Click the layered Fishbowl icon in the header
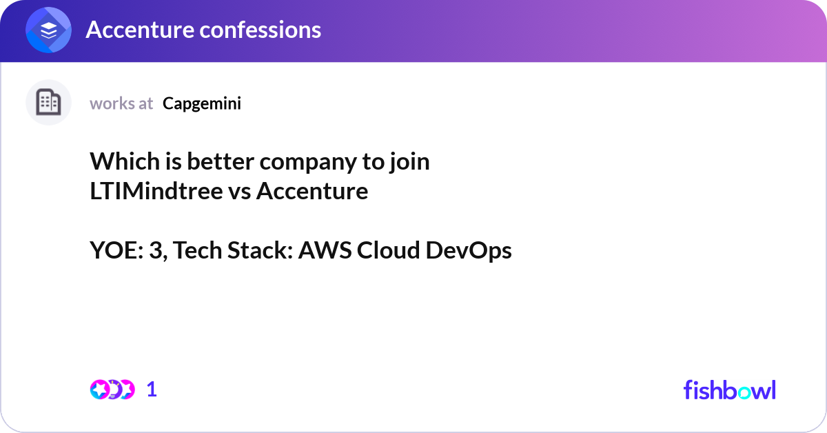48,30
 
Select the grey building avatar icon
48,103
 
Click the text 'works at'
121,103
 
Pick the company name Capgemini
202,103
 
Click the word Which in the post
119,161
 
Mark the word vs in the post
239,191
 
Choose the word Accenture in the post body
312,191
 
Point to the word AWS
325,251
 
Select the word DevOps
469,251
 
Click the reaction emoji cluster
112,390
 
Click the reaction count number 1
152,390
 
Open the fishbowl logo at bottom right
729,390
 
